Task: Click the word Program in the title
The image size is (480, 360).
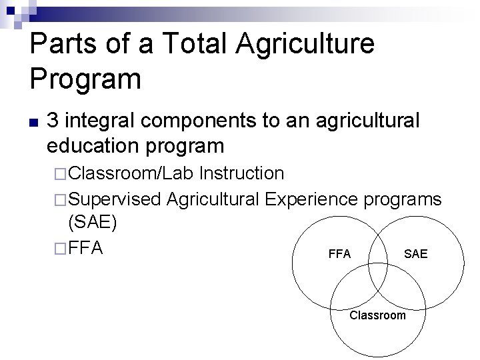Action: [x=85, y=79]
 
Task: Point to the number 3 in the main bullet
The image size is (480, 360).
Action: [x=55, y=121]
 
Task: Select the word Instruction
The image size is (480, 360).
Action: [x=242, y=173]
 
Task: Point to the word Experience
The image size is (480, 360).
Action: [x=313, y=198]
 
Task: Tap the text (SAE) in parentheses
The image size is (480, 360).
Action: [x=93, y=223]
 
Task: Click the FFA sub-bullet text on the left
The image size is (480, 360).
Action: [x=86, y=247]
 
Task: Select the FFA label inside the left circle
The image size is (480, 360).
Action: [x=340, y=254]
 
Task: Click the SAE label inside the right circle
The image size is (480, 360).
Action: [x=416, y=254]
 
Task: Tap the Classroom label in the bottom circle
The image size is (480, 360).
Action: [x=377, y=315]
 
